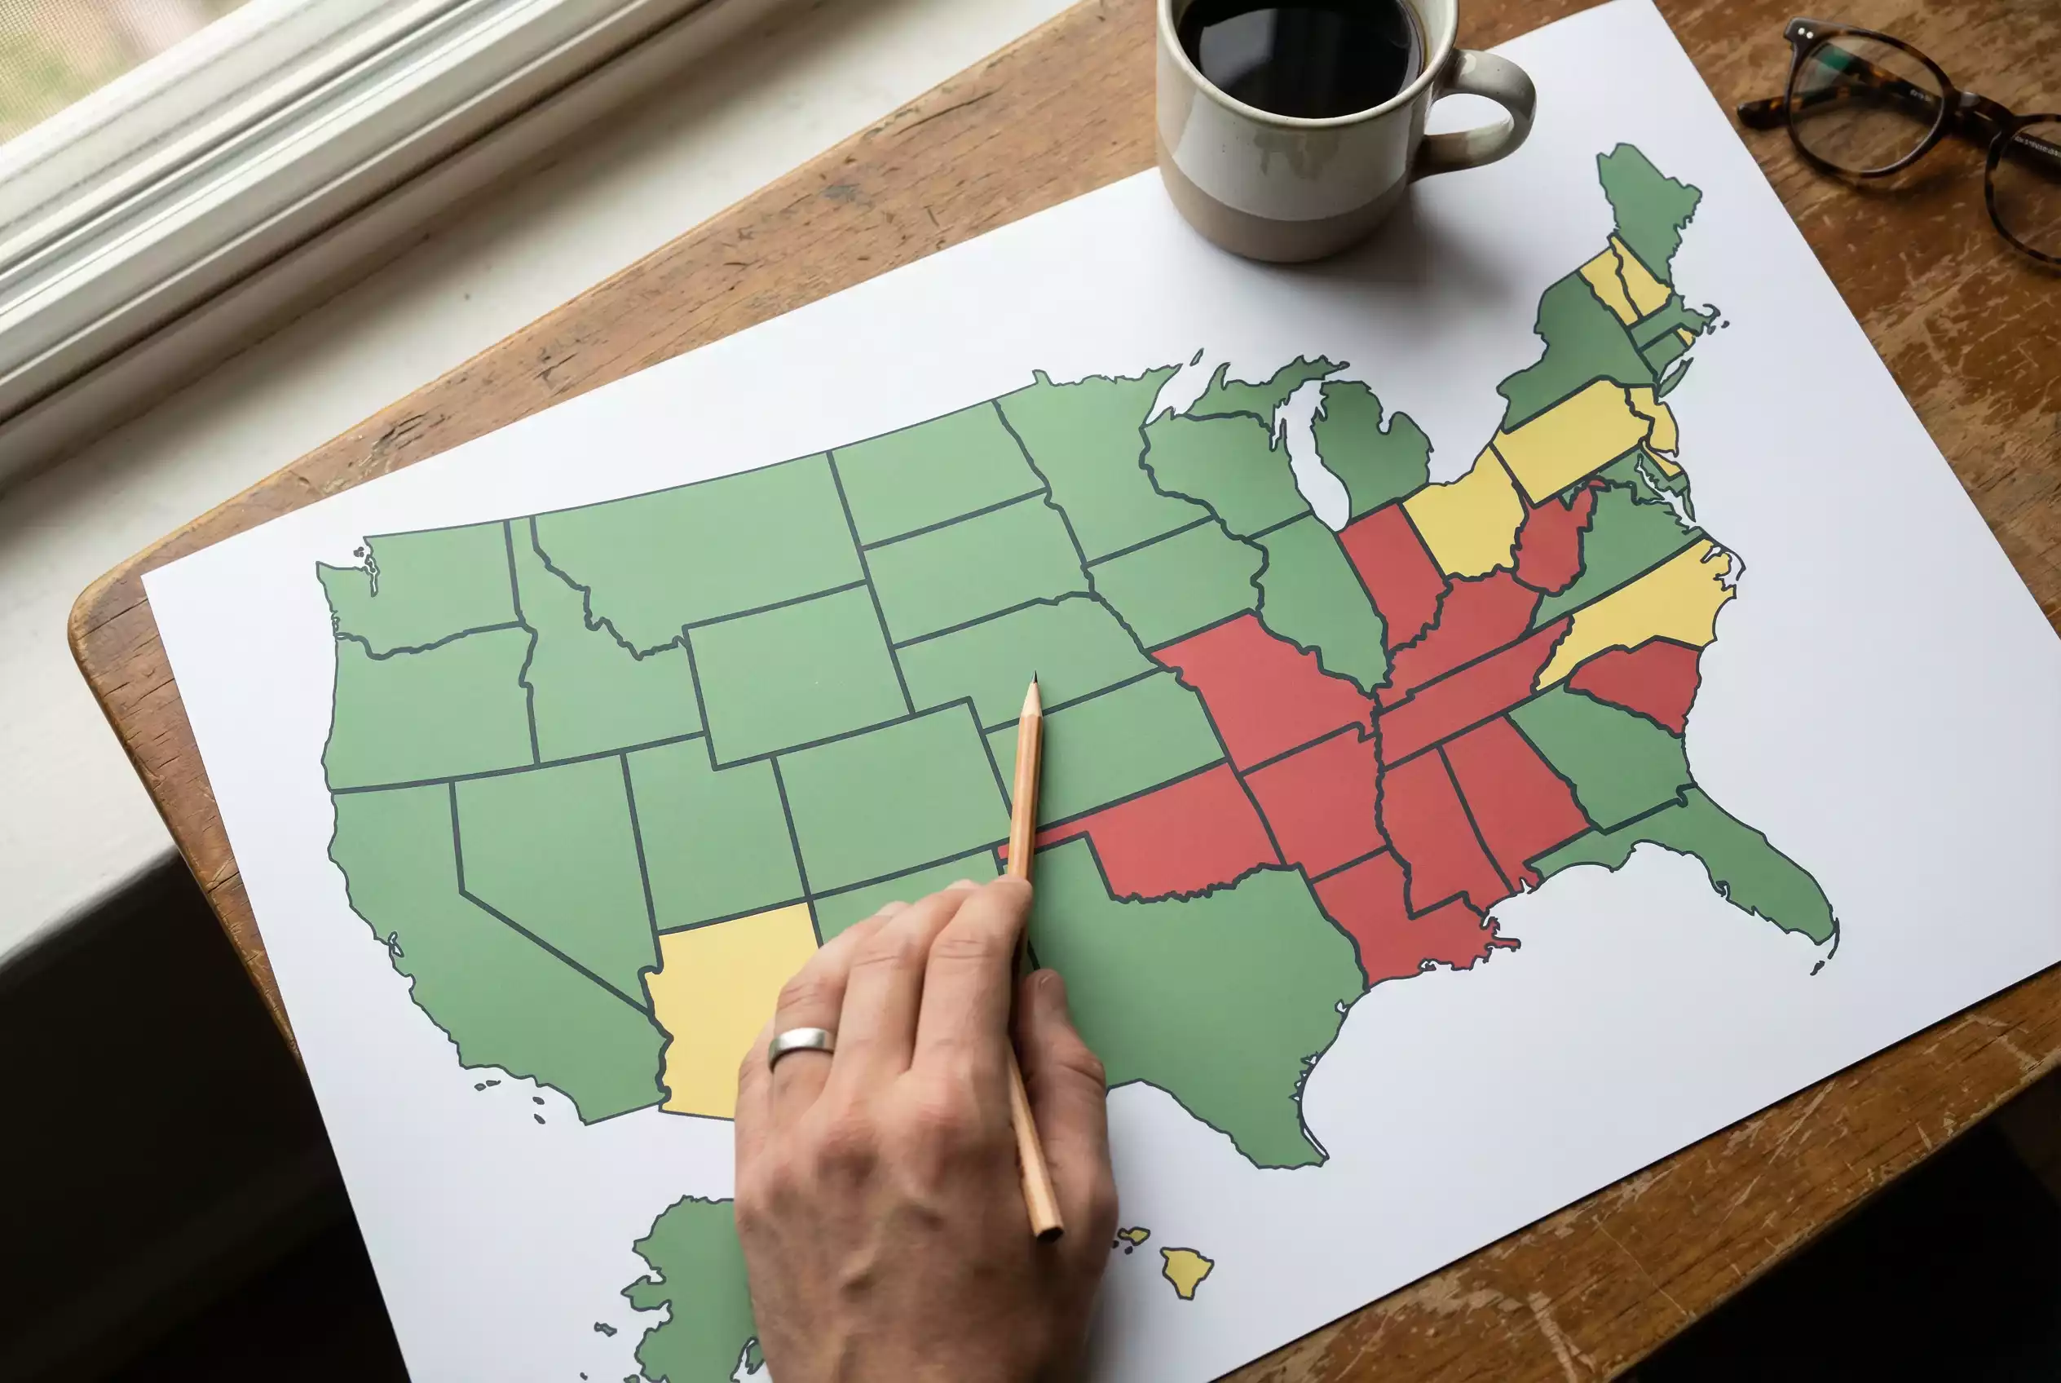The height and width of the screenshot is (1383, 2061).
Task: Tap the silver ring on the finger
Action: pyautogui.click(x=800, y=1045)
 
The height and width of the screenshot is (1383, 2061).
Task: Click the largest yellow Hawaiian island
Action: pyautogui.click(x=1185, y=1271)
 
